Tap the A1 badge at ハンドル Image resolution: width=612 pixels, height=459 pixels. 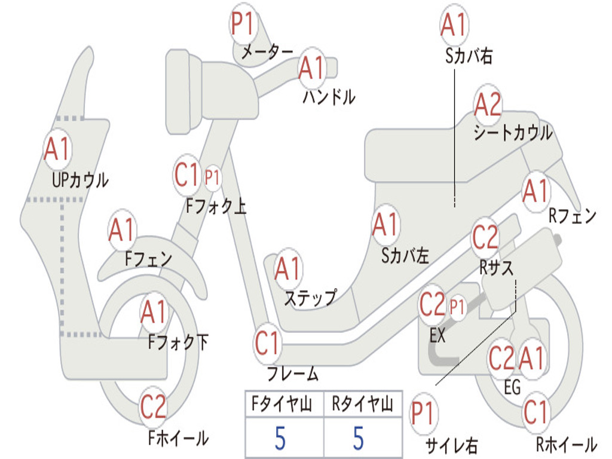(x=312, y=68)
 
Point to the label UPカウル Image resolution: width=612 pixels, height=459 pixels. (x=81, y=180)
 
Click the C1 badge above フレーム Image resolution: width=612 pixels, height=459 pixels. (x=267, y=344)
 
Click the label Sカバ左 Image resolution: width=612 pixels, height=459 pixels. (x=405, y=256)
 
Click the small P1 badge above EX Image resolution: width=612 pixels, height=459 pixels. (x=457, y=308)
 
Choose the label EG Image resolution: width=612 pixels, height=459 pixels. (x=512, y=387)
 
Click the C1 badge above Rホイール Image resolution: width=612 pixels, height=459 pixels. (x=535, y=412)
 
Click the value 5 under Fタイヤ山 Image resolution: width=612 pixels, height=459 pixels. (x=281, y=438)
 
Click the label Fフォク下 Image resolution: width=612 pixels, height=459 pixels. (x=178, y=342)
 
